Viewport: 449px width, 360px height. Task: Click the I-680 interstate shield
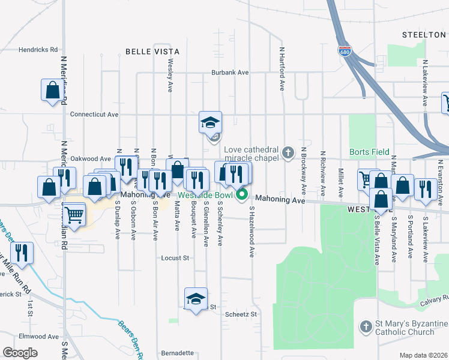pyautogui.click(x=344, y=52)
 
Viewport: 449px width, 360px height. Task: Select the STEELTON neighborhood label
pyautogui.click(x=424, y=35)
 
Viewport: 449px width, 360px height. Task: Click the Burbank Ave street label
pyautogui.click(x=229, y=73)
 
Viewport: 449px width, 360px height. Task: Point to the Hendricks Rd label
pyautogui.click(x=38, y=50)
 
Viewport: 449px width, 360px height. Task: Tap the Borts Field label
pyautogui.click(x=369, y=152)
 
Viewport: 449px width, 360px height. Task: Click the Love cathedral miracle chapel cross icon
pyautogui.click(x=288, y=152)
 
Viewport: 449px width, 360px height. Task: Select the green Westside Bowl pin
pyautogui.click(x=242, y=194)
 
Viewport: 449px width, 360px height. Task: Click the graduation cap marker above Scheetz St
pyautogui.click(x=196, y=299)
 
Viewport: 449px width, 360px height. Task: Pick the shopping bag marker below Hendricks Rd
pyautogui.click(x=52, y=90)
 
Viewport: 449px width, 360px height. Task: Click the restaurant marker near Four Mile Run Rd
pyautogui.click(x=22, y=253)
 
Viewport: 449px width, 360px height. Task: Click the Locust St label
pyautogui.click(x=175, y=259)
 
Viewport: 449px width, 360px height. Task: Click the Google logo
pyautogui.click(x=20, y=353)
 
